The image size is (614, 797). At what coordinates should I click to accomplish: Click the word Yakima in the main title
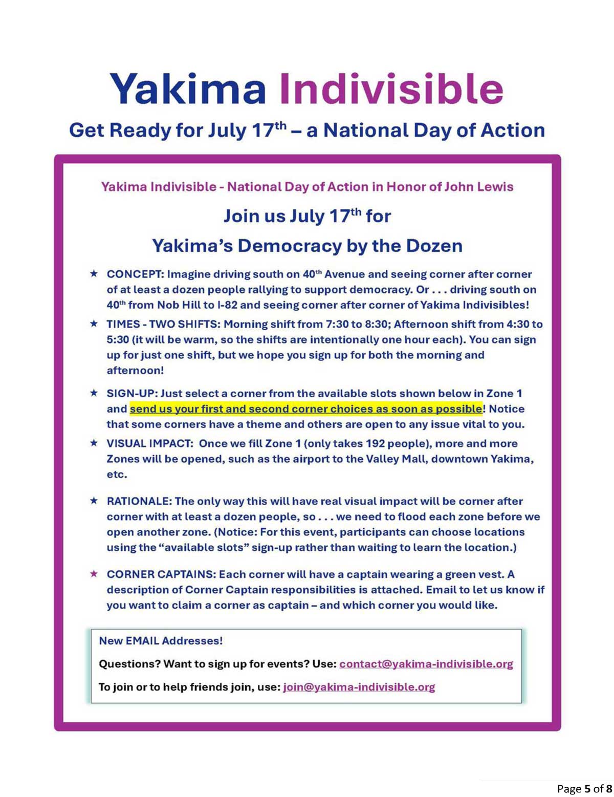188,89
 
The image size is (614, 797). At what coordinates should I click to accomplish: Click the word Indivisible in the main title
391,89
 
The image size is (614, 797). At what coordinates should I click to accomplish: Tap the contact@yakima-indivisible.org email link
426,664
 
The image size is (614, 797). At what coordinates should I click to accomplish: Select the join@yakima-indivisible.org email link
359,687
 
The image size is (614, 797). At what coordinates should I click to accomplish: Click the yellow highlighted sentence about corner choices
305,409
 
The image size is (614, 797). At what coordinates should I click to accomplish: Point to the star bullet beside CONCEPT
94,274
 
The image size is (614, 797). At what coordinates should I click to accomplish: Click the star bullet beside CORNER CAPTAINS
94,574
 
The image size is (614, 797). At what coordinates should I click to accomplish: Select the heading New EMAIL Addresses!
161,641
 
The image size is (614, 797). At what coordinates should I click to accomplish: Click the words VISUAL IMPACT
149,443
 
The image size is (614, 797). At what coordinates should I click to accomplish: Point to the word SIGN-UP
131,394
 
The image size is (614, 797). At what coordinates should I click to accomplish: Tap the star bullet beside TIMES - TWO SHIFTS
94,324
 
